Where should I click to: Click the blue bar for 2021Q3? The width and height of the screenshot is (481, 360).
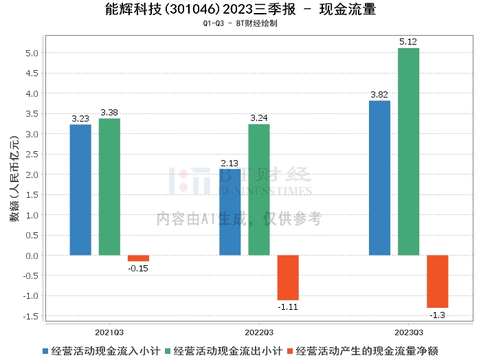[80, 190]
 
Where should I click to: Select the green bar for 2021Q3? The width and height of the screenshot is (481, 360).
[109, 187]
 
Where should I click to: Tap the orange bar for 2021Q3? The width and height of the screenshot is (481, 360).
[138, 258]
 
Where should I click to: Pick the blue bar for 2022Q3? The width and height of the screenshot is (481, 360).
[230, 212]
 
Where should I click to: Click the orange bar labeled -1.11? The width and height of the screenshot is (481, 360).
[288, 278]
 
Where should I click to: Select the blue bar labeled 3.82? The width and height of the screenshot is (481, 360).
[379, 178]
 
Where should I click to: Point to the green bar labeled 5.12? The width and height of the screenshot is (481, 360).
[408, 152]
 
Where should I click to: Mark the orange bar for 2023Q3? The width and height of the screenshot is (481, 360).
[437, 282]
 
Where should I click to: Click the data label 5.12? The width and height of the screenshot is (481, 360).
[408, 42]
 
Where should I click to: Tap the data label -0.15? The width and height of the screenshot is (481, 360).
[138, 268]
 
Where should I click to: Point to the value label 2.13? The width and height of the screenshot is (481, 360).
[230, 163]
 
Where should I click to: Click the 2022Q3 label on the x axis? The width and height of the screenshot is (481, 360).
[259, 331]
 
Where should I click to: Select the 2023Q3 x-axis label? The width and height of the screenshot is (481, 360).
[408, 331]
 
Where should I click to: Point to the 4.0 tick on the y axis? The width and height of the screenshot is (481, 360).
[32, 93]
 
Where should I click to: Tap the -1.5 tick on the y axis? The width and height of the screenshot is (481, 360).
[31, 317]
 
